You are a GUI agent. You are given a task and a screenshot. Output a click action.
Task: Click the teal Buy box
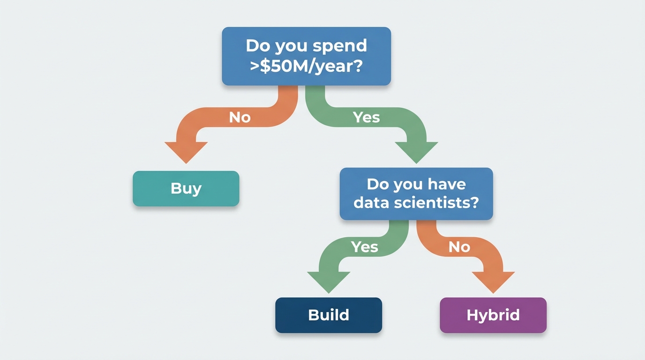pyautogui.click(x=186, y=188)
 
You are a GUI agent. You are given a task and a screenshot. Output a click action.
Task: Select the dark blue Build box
pyautogui.click(x=329, y=315)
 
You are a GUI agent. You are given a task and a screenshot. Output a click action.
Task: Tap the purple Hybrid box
pyautogui.click(x=493, y=315)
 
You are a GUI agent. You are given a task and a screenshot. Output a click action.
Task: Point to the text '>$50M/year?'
pyautogui.click(x=307, y=67)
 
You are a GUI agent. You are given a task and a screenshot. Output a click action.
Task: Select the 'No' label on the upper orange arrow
pyautogui.click(x=240, y=118)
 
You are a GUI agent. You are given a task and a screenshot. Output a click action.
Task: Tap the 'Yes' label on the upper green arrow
pyautogui.click(x=366, y=117)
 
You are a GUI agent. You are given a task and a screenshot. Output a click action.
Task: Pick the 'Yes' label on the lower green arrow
pyautogui.click(x=364, y=247)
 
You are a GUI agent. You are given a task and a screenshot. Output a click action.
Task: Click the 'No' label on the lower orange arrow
pyautogui.click(x=459, y=247)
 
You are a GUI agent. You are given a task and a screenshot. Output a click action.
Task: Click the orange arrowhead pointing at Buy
pyautogui.click(x=186, y=152)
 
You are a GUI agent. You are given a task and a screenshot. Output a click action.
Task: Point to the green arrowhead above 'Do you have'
pyautogui.click(x=416, y=152)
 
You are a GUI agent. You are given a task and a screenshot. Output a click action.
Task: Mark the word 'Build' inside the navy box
pyautogui.click(x=329, y=315)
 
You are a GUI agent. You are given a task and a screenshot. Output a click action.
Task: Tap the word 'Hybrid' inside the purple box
pyautogui.click(x=493, y=315)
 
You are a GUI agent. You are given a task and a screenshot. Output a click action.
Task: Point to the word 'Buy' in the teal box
pyautogui.click(x=186, y=189)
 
